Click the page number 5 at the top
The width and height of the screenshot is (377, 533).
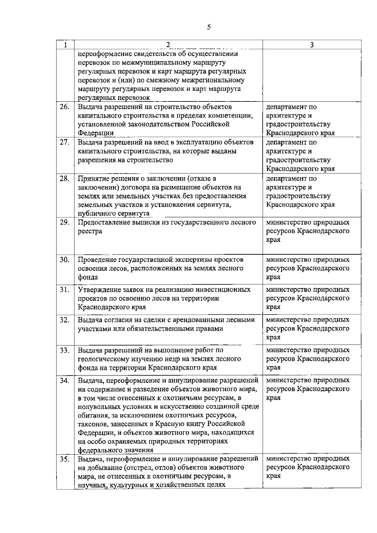(209, 27)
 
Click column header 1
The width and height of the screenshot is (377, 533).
(65, 45)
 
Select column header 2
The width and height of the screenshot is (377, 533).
(168, 45)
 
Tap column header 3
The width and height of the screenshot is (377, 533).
(312, 45)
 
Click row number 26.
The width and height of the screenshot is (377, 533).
(64, 107)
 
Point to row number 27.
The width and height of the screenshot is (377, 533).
(64, 142)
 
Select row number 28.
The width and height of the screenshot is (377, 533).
(64, 179)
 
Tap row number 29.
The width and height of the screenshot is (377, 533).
(64, 222)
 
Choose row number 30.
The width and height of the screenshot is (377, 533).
(64, 260)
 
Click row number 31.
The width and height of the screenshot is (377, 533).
(64, 290)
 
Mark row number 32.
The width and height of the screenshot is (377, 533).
(64, 320)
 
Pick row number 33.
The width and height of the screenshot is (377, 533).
(64, 350)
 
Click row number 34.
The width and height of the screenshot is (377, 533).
(64, 380)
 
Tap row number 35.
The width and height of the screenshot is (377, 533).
(64, 459)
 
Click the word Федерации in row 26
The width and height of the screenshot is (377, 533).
(96, 133)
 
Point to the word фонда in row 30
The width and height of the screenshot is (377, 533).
(88, 277)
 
